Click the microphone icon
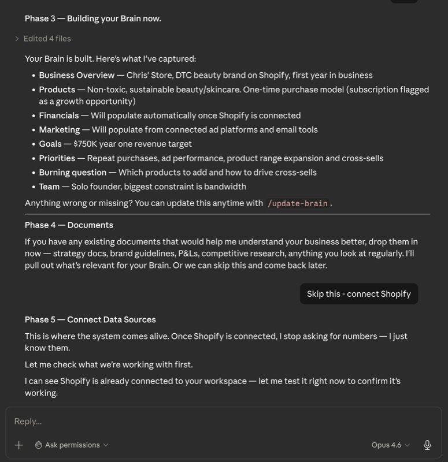tap(427, 445)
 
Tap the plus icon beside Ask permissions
tap(18, 445)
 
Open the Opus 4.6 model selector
tap(391, 445)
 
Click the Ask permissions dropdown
tap(72, 445)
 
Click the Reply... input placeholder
tap(28, 421)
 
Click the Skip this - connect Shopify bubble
tap(358, 294)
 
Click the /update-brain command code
tap(298, 203)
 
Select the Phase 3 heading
tap(92, 18)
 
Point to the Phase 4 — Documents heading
tap(69, 225)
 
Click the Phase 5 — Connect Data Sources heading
tap(90, 319)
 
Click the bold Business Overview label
tap(76, 75)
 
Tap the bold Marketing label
tap(60, 129)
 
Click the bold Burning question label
tap(73, 172)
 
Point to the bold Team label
tap(49, 187)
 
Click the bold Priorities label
tap(57, 158)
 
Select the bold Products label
tap(57, 90)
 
